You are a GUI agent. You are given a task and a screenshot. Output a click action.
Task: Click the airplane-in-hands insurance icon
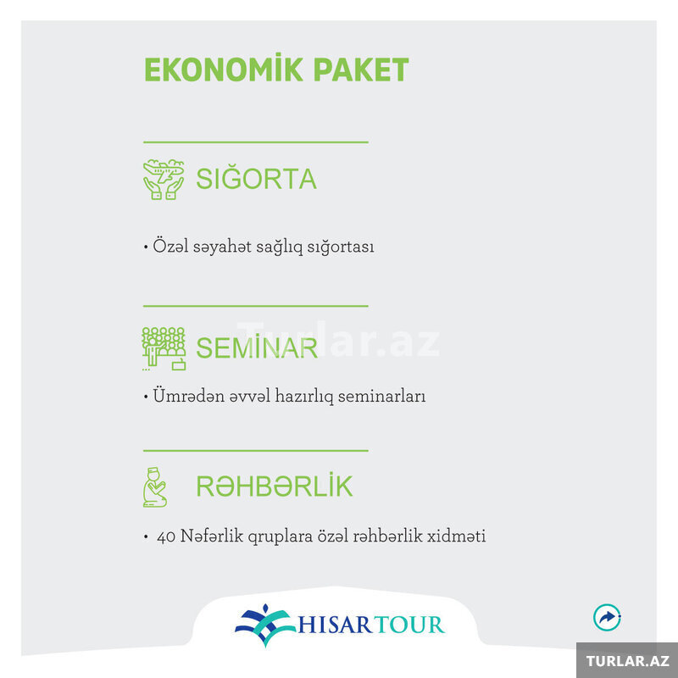pyautogui.click(x=164, y=180)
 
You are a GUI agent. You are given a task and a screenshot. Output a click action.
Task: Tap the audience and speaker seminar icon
pyautogui.click(x=164, y=348)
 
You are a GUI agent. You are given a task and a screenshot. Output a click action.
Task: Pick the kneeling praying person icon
pyautogui.click(x=155, y=486)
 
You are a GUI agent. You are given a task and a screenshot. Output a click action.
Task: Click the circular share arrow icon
pyautogui.click(x=607, y=617)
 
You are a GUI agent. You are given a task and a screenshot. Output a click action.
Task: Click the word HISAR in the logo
pyautogui.click(x=335, y=625)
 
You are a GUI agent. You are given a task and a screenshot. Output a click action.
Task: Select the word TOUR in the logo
pyautogui.click(x=409, y=625)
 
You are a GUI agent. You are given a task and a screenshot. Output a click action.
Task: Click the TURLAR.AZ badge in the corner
pyautogui.click(x=628, y=661)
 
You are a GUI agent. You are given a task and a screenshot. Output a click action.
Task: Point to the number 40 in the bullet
pyautogui.click(x=166, y=537)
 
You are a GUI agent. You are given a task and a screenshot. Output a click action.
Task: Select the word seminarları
pyautogui.click(x=382, y=396)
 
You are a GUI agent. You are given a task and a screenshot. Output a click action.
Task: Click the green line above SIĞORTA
pyautogui.click(x=256, y=142)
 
